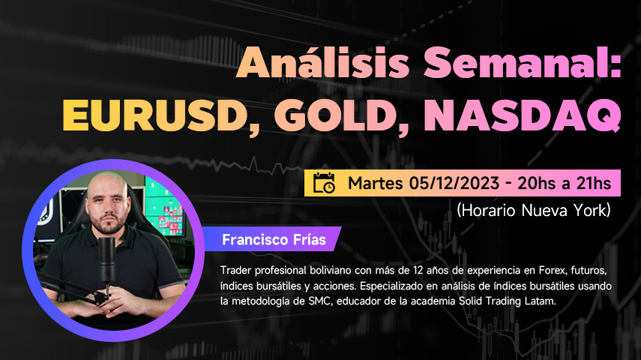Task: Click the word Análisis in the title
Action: click(x=323, y=63)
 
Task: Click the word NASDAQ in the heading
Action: click(x=522, y=115)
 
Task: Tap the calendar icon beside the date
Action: click(x=324, y=183)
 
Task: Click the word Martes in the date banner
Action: click(x=376, y=183)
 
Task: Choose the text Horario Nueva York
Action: click(x=534, y=210)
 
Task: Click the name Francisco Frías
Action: click(x=274, y=239)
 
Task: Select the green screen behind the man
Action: click(x=163, y=208)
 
